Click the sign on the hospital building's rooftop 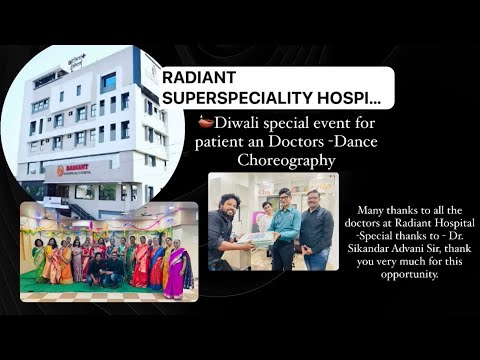[77, 60]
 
